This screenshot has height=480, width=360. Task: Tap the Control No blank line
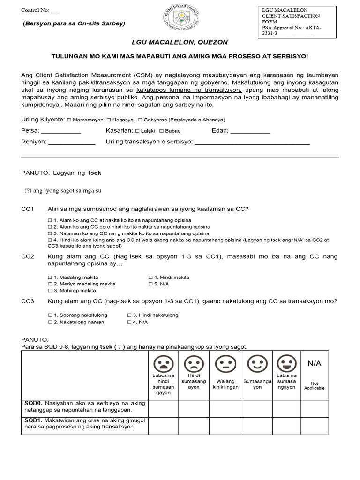pyautogui.click(x=55, y=10)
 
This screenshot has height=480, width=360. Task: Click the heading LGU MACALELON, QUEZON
pyautogui.click(x=180, y=42)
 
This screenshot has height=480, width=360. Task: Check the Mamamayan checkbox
pyautogui.click(x=69, y=120)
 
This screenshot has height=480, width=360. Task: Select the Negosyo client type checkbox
pyautogui.click(x=109, y=120)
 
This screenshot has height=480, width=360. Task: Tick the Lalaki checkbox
pyautogui.click(x=137, y=131)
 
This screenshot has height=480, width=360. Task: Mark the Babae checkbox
pyautogui.click(x=162, y=131)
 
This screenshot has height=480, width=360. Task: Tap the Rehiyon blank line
pyautogui.click(x=72, y=143)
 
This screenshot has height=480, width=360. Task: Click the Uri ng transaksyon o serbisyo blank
pyautogui.click(x=252, y=143)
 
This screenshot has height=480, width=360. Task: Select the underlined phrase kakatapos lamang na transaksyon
pyautogui.click(x=189, y=89)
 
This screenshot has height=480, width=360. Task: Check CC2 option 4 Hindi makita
pyautogui.click(x=151, y=277)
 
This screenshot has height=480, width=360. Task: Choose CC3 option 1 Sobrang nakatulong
pyautogui.click(x=50, y=315)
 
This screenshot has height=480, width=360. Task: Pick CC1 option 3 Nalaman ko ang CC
pyautogui.click(x=50, y=233)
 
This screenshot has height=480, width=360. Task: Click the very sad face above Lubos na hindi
pyautogui.click(x=163, y=363)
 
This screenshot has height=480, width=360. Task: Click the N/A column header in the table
pyautogui.click(x=314, y=364)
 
